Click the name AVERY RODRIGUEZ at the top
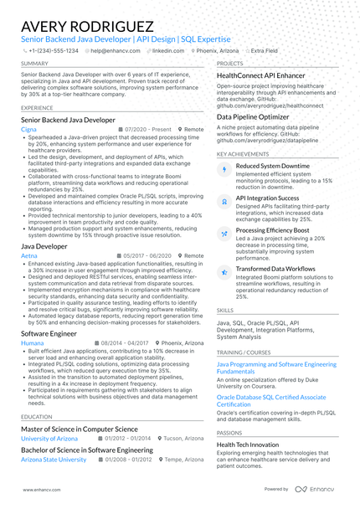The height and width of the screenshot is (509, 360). (x=87, y=28)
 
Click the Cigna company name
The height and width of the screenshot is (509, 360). (x=28, y=130)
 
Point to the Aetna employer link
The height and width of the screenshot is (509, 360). (x=29, y=255)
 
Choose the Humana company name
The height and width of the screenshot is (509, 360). (x=32, y=343)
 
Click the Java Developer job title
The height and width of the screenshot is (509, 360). (x=44, y=247)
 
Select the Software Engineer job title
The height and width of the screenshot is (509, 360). (x=49, y=334)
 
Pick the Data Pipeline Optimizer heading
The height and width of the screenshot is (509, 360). (x=253, y=117)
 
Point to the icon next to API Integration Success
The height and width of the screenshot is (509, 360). (x=224, y=201)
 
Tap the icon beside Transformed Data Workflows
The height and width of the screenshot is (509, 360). (x=224, y=270)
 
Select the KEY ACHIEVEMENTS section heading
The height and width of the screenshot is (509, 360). (x=244, y=154)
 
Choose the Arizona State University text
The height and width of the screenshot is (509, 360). (x=54, y=460)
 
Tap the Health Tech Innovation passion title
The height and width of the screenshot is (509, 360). (x=248, y=445)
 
